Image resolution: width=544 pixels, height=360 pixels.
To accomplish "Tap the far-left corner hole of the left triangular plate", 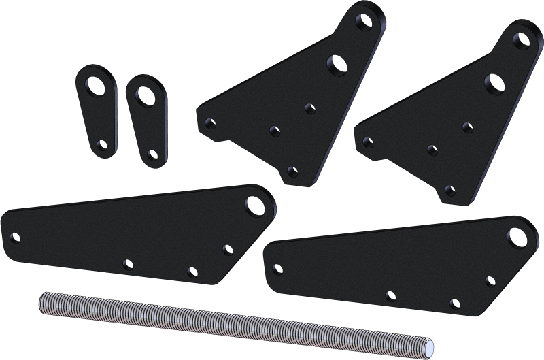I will (x=209, y=124).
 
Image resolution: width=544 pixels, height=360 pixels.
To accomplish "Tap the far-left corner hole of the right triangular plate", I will (x=368, y=142).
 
